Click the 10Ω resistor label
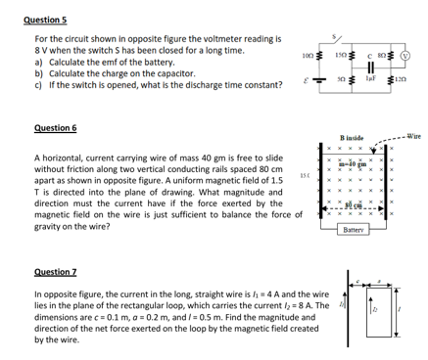tap(309, 41)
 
